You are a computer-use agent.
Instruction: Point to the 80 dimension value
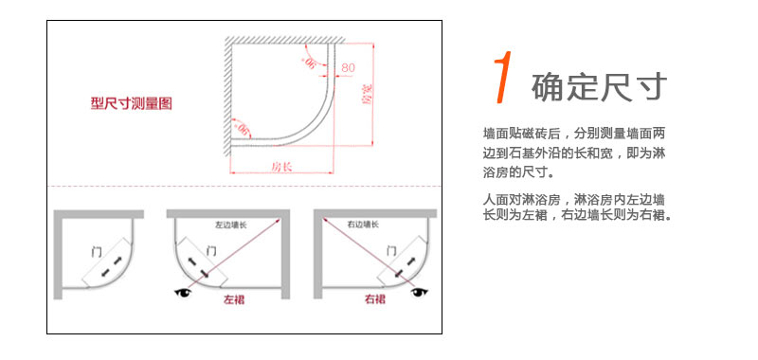click(348, 68)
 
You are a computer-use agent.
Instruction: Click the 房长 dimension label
click(281, 168)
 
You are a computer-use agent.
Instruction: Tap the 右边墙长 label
click(363, 225)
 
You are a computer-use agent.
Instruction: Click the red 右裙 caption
click(375, 299)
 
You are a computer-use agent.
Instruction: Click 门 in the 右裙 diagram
click(391, 250)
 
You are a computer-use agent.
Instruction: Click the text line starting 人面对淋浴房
click(572, 200)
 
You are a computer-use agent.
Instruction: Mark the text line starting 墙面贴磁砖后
click(574, 134)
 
